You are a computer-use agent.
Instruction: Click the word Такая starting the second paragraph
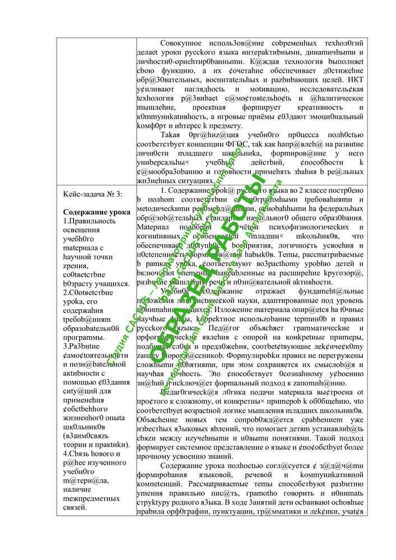pos(171,135)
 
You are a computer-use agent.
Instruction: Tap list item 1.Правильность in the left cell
pos(90,221)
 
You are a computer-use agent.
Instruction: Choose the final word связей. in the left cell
pos(75,507)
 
